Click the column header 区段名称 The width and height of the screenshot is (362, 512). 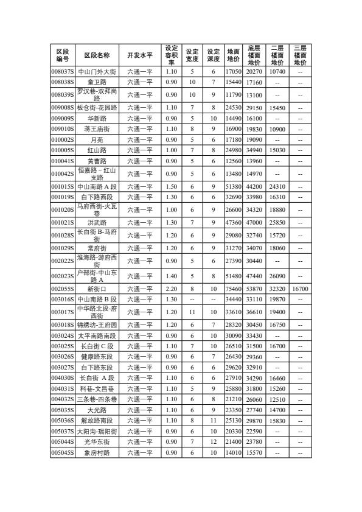[x=97, y=55]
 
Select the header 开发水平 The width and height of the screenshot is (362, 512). [x=140, y=55]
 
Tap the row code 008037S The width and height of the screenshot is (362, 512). [x=62, y=72]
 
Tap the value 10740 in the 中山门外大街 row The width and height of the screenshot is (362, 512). [x=277, y=72]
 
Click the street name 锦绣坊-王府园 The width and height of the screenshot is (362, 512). [x=97, y=324]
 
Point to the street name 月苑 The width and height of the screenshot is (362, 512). [x=97, y=140]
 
